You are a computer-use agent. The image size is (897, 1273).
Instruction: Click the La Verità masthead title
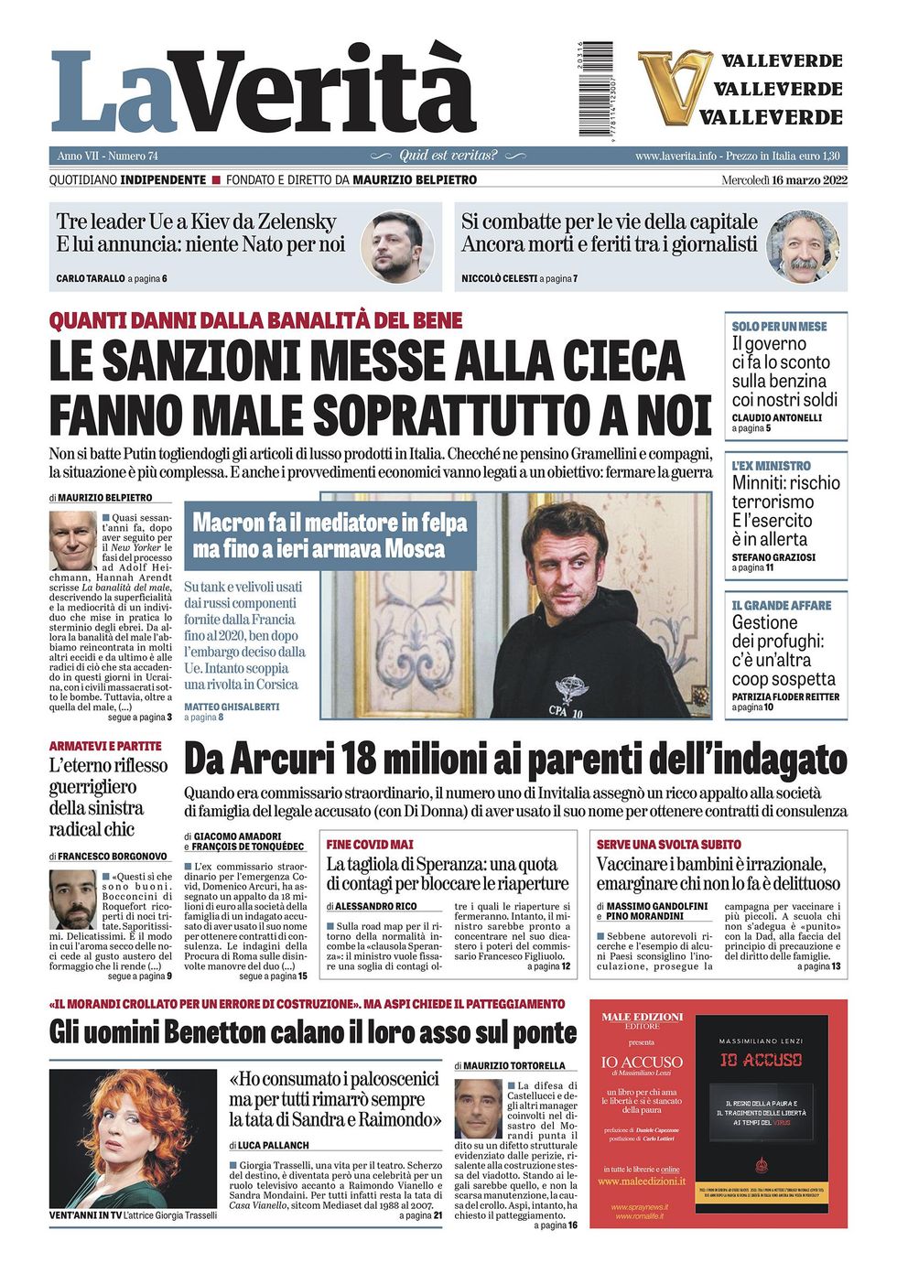[x=264, y=92]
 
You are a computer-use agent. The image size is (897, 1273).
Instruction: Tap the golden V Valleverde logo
[x=675, y=88]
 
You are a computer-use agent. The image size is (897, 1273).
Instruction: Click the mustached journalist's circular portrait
[x=802, y=246]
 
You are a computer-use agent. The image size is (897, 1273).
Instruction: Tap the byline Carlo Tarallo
[x=90, y=278]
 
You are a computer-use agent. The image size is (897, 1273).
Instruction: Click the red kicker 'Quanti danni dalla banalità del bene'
[x=255, y=321]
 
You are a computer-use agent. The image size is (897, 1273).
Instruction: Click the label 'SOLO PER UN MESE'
[x=779, y=326]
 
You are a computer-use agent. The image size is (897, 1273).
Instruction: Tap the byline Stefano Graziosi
[x=773, y=557]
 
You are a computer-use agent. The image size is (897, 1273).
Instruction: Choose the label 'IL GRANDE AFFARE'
[x=781, y=606]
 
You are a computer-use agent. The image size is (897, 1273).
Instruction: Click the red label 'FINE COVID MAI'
[x=370, y=844]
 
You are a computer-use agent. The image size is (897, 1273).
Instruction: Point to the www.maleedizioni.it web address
[x=641, y=1181]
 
